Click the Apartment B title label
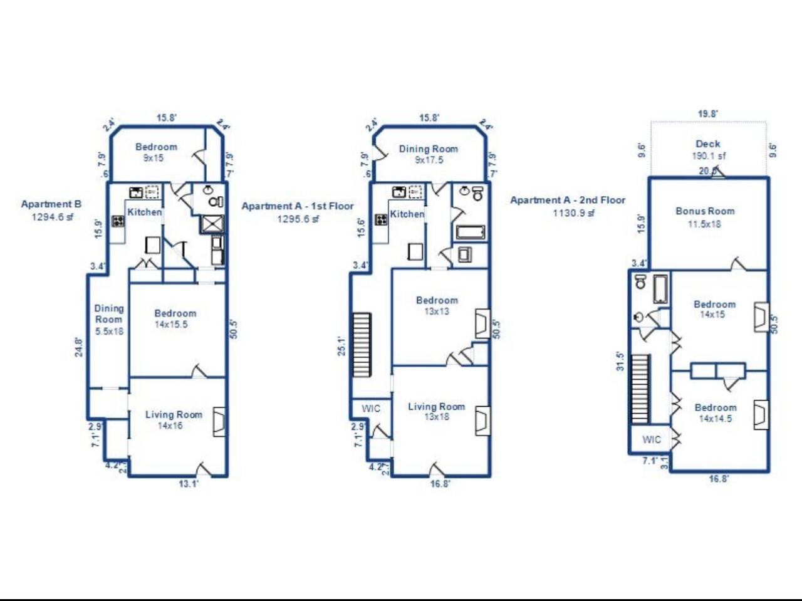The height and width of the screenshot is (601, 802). (x=51, y=204)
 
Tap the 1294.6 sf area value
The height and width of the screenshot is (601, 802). (x=53, y=217)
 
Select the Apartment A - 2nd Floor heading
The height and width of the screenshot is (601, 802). (x=568, y=201)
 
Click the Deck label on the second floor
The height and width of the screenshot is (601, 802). (x=708, y=144)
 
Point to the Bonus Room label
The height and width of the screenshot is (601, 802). (x=705, y=211)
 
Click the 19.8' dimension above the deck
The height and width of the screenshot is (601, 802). (x=708, y=114)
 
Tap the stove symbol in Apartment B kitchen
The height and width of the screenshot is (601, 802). (x=118, y=221)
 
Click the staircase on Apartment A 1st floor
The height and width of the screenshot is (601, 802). (x=362, y=345)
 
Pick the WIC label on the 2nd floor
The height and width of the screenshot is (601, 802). (x=651, y=440)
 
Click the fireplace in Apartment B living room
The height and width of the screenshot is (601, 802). (x=219, y=422)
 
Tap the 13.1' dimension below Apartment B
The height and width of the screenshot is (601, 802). (x=188, y=483)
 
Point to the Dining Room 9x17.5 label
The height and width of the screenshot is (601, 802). (x=429, y=154)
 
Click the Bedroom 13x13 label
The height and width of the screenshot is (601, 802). (x=437, y=305)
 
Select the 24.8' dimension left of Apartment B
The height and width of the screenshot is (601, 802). (x=78, y=347)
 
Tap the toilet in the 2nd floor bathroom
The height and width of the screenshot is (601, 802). (x=640, y=281)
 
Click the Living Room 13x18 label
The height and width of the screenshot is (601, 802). (x=436, y=411)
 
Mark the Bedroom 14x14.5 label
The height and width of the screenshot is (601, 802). (x=715, y=413)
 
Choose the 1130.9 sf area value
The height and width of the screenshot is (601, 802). (x=573, y=213)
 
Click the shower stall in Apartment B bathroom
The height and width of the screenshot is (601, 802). (x=212, y=224)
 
